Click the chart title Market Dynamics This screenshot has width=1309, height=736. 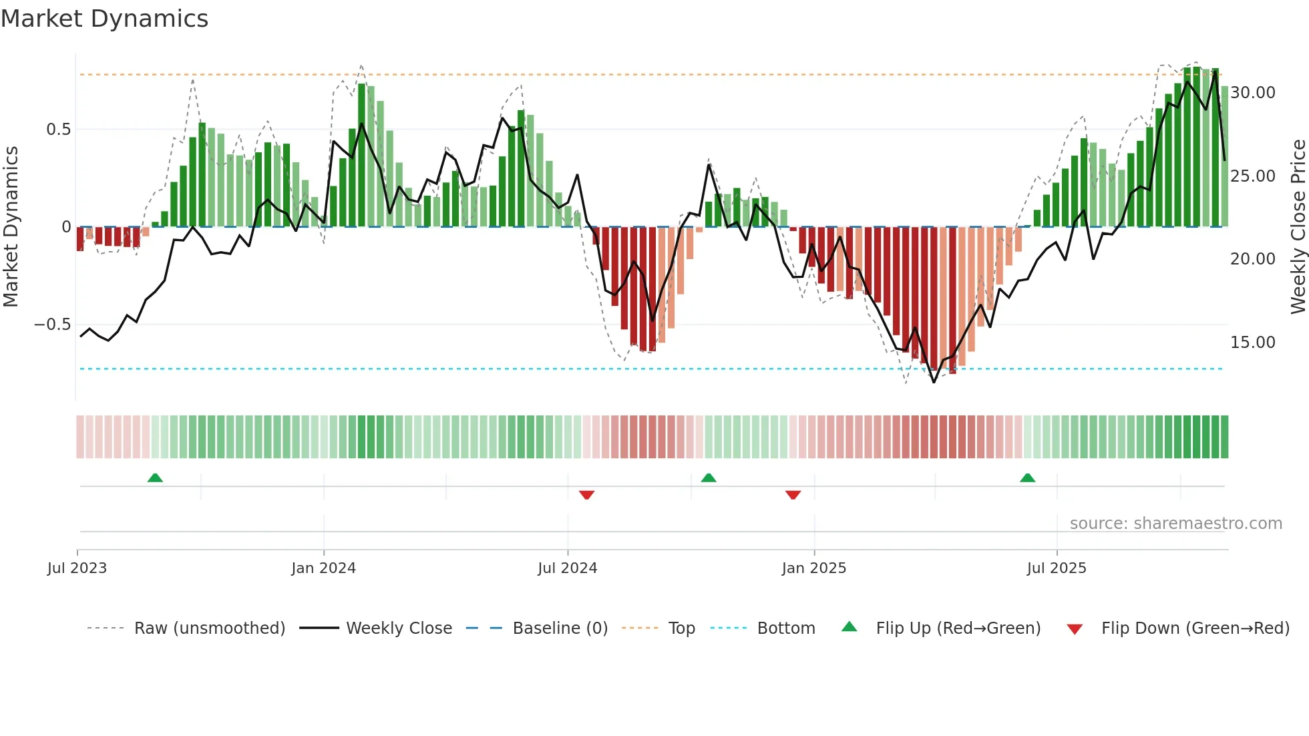(104, 19)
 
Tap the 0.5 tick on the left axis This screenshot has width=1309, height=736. (58, 130)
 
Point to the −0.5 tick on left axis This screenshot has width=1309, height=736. (52, 325)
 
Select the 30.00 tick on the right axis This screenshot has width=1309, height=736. (1253, 93)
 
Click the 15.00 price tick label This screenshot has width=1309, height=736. (1253, 343)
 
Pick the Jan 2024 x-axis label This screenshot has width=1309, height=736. (323, 568)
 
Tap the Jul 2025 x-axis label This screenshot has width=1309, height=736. (1057, 568)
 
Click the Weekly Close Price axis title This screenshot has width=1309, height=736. (1298, 227)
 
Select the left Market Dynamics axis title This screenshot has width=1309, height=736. (11, 227)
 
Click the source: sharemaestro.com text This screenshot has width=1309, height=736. (1175, 524)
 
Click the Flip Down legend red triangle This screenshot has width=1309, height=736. (1075, 629)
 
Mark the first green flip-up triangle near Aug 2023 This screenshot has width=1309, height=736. (155, 478)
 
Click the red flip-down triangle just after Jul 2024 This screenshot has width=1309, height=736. (586, 495)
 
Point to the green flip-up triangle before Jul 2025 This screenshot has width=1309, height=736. (1027, 478)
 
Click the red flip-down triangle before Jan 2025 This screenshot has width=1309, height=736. (793, 495)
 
